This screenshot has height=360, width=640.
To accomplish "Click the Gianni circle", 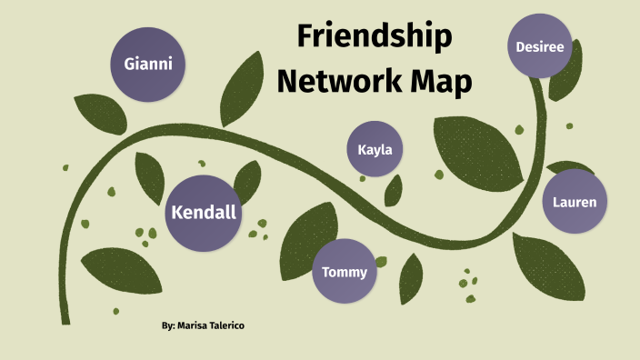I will pos(147,65).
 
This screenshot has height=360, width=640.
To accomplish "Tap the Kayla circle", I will pos(375,149).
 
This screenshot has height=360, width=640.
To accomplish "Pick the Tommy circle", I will pos(345,272).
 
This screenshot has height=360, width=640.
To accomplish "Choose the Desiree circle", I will pos(540,45).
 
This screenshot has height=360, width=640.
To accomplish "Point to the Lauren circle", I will pos(575,202).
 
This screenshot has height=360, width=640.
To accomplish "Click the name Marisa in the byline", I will pos(198,325).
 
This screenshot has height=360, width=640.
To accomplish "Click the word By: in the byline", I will pos(168,325).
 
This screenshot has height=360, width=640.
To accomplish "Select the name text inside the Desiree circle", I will pos(540,45).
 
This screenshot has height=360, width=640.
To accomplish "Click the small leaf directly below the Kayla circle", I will pos(394,190).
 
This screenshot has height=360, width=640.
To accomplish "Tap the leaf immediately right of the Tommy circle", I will pos(410,277).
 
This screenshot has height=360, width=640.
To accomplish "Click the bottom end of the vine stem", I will pos(65,320).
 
